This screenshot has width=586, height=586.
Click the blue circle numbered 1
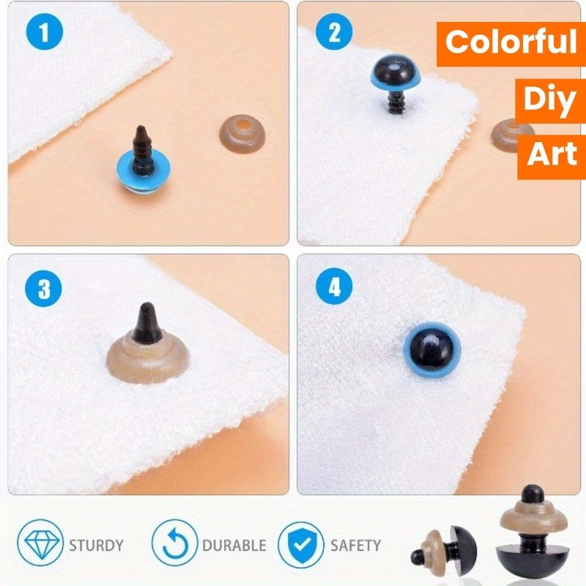[x=44, y=31]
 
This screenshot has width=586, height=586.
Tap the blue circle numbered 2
[x=334, y=31]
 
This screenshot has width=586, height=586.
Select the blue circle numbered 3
[x=43, y=289]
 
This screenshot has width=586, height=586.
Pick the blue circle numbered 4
[x=334, y=287]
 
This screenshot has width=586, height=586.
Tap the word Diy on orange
[x=549, y=98]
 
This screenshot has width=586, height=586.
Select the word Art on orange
[x=552, y=154]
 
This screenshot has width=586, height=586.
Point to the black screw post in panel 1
[x=142, y=149]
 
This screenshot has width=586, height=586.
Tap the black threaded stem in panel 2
[x=396, y=101]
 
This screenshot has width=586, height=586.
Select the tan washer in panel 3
[x=149, y=360]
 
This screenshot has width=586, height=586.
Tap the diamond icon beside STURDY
[x=40, y=542]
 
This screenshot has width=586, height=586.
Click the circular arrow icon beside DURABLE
[x=174, y=544]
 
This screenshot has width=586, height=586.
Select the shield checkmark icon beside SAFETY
[x=300, y=545]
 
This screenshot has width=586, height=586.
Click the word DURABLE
[x=234, y=546]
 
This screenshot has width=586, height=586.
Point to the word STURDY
[x=97, y=546]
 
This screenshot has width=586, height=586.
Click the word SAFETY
[x=356, y=546]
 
